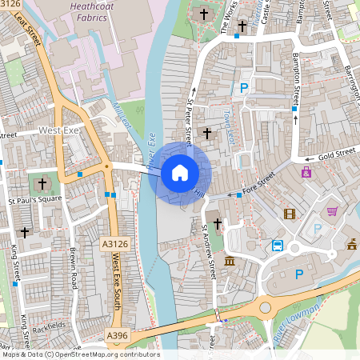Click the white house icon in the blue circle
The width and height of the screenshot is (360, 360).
pyautogui.click(x=179, y=172)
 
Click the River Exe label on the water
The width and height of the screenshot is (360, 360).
pyautogui.click(x=148, y=152)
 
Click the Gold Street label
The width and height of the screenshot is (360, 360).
pyautogui.click(x=337, y=154)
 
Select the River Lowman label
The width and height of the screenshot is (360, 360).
pyautogui.click(x=295, y=323)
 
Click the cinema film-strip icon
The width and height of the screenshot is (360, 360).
pyautogui.click(x=290, y=214)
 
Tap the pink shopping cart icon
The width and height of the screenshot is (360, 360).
pyautogui.click(x=332, y=211)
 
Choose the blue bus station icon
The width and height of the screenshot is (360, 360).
pyautogui.click(x=278, y=245)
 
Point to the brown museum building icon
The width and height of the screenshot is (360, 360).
pyautogui.click(x=230, y=262)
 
